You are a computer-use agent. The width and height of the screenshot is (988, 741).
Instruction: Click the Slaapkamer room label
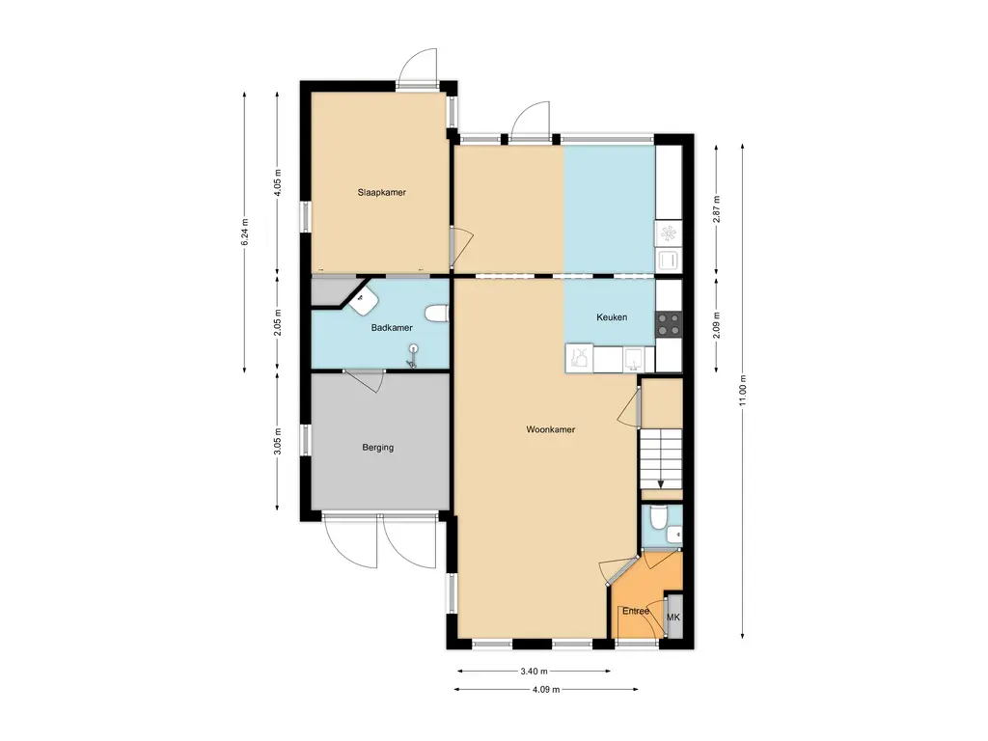pos(382,193)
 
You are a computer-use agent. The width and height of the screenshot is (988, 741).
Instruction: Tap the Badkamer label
pos(392,328)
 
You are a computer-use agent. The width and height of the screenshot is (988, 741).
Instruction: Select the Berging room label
pos(378,448)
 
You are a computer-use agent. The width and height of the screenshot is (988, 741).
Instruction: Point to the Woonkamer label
pos(551,429)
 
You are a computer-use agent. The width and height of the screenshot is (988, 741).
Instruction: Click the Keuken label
pos(612,317)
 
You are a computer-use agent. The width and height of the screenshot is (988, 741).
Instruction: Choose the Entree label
pos(636,611)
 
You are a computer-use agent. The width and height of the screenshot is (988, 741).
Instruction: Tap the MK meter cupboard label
pos(673,617)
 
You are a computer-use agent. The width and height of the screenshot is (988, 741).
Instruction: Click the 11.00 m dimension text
pos(743,392)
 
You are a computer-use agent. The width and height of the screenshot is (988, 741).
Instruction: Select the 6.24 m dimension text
pos(245,232)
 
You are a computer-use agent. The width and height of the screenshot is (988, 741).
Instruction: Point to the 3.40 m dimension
pos(534,672)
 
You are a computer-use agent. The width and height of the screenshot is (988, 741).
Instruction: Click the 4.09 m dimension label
pos(546,689)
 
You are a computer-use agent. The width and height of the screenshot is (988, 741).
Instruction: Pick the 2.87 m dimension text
pos(717,209)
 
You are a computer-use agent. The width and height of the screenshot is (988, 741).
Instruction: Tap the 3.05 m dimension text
pos(278,441)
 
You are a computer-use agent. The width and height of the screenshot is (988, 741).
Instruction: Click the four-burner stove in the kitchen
pos(670,324)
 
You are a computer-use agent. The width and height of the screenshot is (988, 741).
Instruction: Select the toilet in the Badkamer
pos(436,313)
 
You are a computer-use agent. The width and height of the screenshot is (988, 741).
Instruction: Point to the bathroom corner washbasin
pos(364,301)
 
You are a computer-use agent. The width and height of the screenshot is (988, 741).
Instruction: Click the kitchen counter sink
pos(633,359)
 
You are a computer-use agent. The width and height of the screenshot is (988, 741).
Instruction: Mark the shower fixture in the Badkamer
pos(413,355)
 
